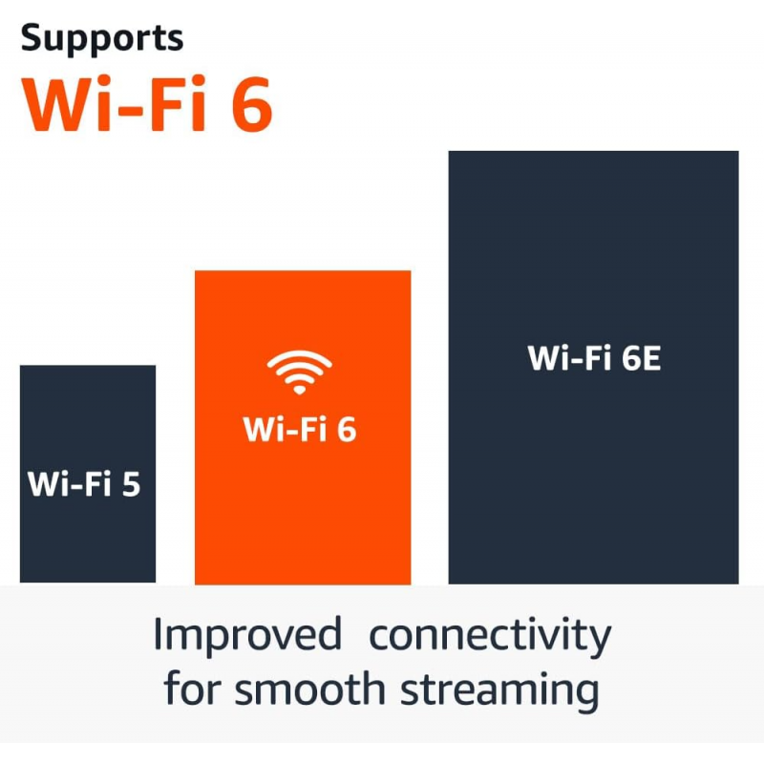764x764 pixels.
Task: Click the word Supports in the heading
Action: click(101, 38)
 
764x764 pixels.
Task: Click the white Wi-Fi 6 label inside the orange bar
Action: click(300, 429)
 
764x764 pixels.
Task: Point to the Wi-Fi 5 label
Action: click(84, 483)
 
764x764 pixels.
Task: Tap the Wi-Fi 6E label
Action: click(594, 358)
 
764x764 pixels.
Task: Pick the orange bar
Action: click(303, 516)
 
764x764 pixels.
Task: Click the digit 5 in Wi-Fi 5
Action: click(130, 483)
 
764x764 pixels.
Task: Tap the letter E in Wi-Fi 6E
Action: click(650, 358)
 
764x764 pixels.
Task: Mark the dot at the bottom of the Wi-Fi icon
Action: click(299, 389)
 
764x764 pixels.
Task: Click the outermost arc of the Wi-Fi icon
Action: click(299, 354)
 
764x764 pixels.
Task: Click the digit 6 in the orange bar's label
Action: click(345, 429)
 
